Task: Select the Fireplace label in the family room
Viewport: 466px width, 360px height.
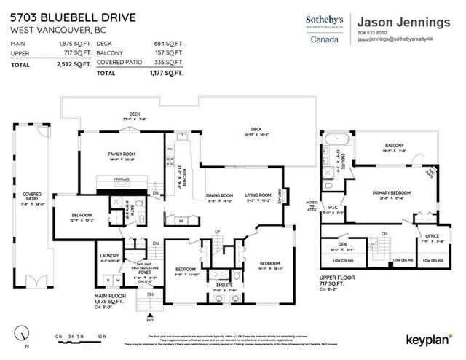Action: pyautogui.click(x=122, y=179)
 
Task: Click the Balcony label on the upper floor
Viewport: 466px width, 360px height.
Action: pyautogui.click(x=394, y=146)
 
